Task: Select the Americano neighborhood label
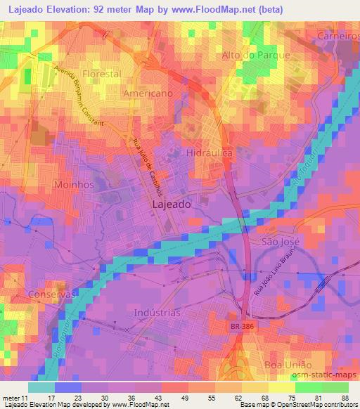tap(148, 93)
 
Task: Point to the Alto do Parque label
tap(266, 56)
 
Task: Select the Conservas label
tap(51, 294)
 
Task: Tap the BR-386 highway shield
tap(258, 329)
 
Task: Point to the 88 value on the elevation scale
tap(345, 398)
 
